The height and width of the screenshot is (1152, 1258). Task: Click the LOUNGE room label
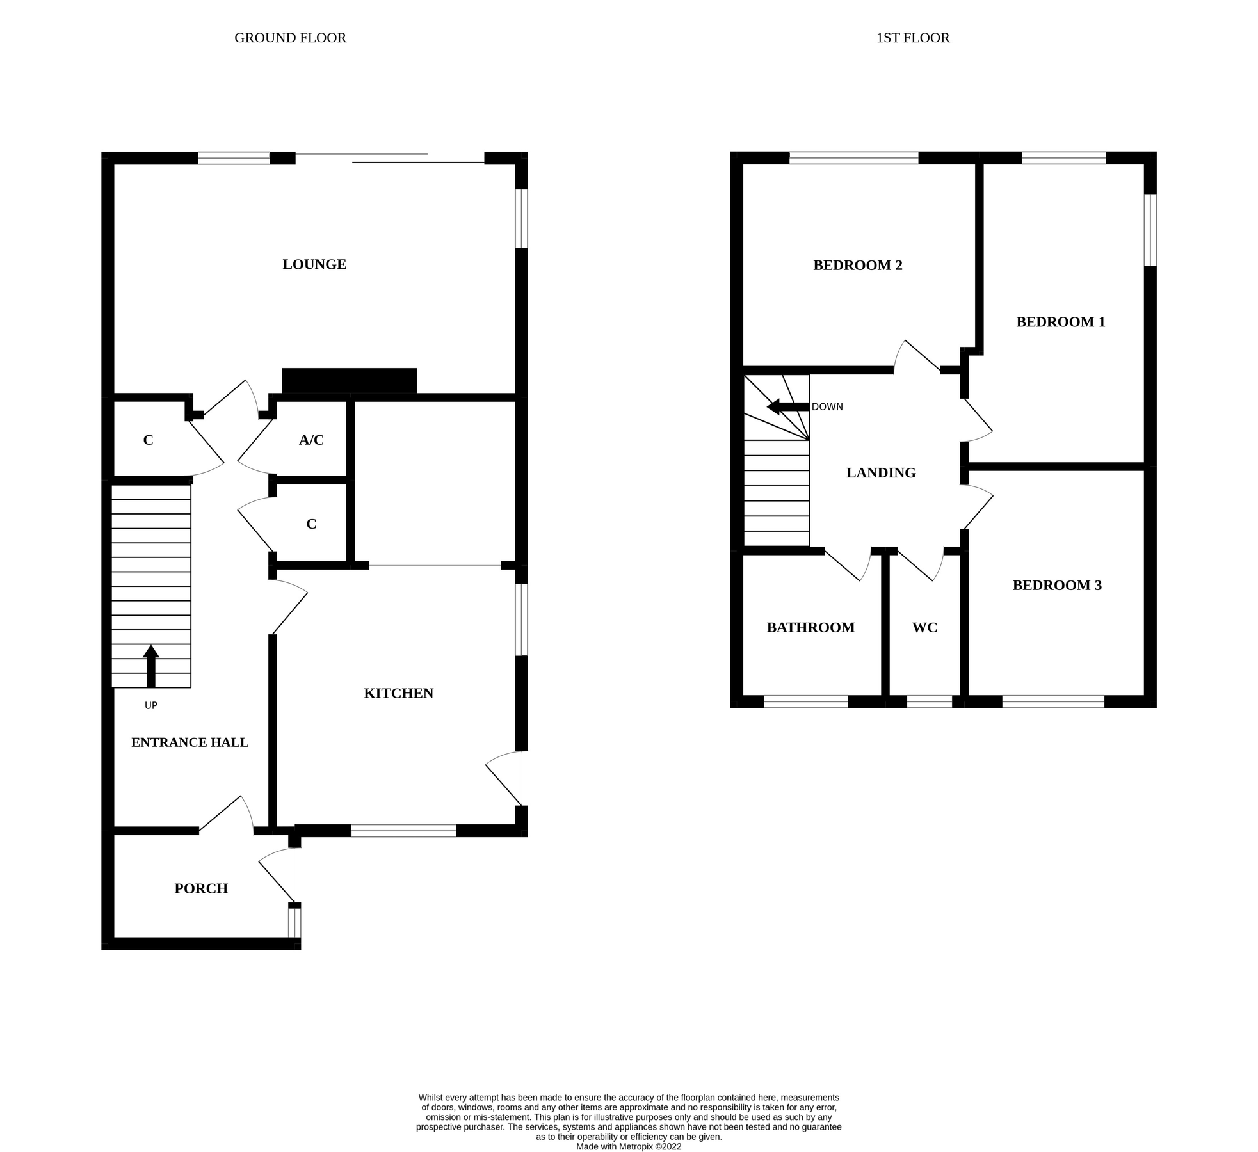tap(314, 264)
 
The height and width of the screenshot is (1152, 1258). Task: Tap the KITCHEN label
tap(398, 693)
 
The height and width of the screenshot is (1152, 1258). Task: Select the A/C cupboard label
tap(311, 440)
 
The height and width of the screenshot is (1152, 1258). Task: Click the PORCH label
tap(201, 888)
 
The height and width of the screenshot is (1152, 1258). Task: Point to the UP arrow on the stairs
tap(151, 666)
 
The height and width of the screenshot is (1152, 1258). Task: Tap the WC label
tap(924, 628)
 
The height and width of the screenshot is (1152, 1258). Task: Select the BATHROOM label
tap(810, 628)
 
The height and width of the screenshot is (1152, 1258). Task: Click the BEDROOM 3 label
tap(1056, 586)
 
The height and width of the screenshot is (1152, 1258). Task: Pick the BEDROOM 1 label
tap(1060, 322)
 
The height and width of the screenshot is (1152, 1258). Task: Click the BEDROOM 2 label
tap(857, 266)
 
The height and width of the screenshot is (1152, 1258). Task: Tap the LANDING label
tap(880, 473)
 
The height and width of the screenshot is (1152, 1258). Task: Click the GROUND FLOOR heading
tap(290, 38)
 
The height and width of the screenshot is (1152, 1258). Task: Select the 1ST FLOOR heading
tap(912, 38)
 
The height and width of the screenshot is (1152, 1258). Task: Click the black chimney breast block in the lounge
tap(349, 380)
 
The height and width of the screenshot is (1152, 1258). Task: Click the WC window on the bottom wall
tap(929, 701)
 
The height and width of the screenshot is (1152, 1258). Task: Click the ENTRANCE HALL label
tap(190, 742)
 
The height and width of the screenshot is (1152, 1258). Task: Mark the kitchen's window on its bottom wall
tap(403, 831)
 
